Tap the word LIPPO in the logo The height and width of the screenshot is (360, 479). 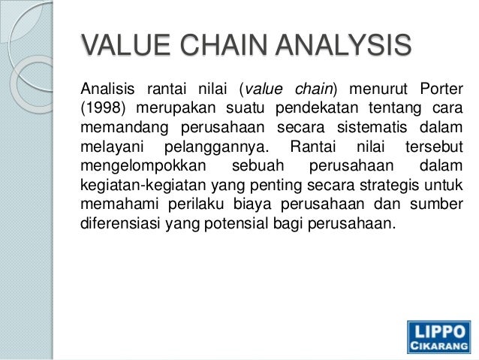(438, 331)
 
